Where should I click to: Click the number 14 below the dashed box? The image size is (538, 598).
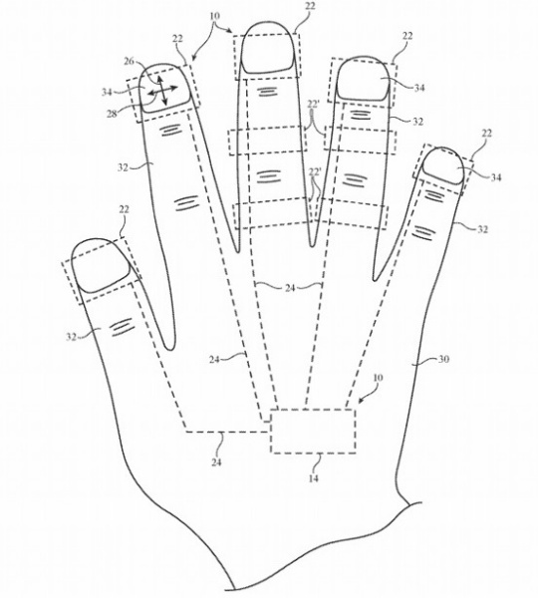tap(313, 478)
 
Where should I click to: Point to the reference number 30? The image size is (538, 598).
tap(442, 359)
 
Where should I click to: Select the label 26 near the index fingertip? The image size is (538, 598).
tap(130, 61)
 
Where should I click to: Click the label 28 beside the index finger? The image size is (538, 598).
tap(112, 114)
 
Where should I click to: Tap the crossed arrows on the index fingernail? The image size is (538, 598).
tap(162, 91)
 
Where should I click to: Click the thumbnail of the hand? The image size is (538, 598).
tap(102, 266)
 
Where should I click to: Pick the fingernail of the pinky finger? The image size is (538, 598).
tap(443, 166)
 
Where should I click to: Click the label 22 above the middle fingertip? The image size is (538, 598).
tap(309, 7)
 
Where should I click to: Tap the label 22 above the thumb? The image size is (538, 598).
tap(124, 209)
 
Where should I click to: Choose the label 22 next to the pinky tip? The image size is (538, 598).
tap(486, 134)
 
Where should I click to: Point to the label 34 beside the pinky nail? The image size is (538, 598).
tap(496, 177)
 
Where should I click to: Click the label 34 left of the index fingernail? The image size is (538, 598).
tap(108, 92)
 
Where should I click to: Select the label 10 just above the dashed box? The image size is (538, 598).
tap(378, 378)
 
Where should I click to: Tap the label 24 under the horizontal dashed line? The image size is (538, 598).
tap(216, 461)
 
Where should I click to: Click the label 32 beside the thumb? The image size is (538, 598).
tap(72, 337)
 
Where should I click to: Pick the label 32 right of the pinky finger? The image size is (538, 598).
tap(482, 229)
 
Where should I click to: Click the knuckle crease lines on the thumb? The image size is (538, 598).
tap(123, 327)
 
